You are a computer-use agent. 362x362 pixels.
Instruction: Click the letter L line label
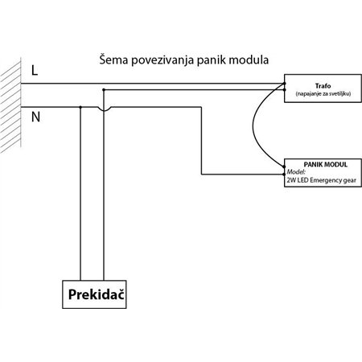(x=33, y=71)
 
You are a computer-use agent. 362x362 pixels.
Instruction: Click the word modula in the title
(x=250, y=60)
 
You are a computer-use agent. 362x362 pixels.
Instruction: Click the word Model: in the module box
(x=297, y=171)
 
